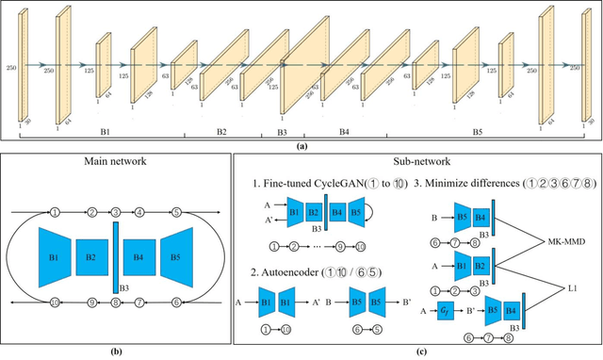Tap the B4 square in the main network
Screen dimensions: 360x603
click(x=139, y=256)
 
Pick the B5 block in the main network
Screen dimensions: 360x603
click(x=177, y=256)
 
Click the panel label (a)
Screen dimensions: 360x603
click(x=301, y=145)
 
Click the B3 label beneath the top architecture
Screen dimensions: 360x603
click(x=282, y=132)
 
